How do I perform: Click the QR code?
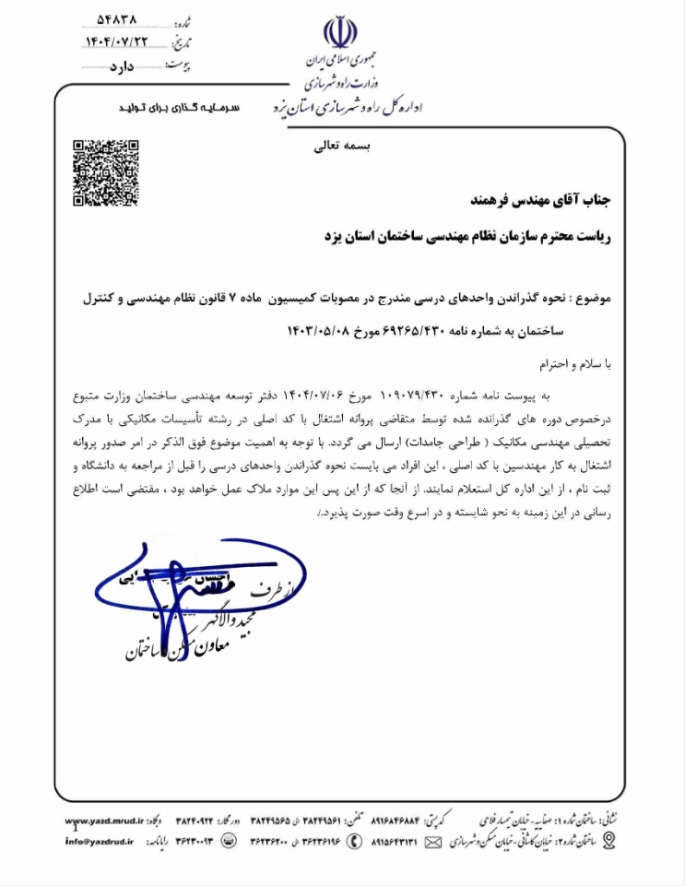106,172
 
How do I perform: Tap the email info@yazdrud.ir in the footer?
99,842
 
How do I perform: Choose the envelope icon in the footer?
431,841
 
